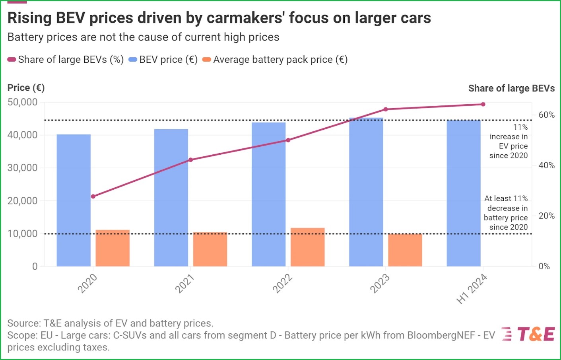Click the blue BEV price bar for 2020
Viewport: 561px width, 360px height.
pyautogui.click(x=74, y=200)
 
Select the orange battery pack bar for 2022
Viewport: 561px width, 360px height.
pyautogui.click(x=308, y=247)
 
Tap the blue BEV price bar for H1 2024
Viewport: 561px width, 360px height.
pyautogui.click(x=464, y=193)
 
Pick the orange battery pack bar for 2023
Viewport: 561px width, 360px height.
pyautogui.click(x=405, y=250)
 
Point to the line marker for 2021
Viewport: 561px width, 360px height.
pyautogui.click(x=190, y=160)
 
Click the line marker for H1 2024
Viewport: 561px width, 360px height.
pyautogui.click(x=483, y=104)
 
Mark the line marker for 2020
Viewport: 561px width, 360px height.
pyautogui.click(x=93, y=197)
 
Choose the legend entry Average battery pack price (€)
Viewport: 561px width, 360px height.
pyautogui.click(x=275, y=60)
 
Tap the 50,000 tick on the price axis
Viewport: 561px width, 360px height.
pyautogui.click(x=23, y=102)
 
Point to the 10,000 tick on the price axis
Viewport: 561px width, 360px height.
pyautogui.click(x=23, y=234)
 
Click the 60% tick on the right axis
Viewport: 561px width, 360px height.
pyautogui.click(x=546, y=115)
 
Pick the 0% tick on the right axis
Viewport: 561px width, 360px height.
pyautogui.click(x=544, y=267)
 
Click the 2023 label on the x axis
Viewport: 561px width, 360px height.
pyautogui.click(x=380, y=284)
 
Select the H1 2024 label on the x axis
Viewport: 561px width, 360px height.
pyautogui.click(x=472, y=289)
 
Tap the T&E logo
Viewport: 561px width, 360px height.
pyautogui.click(x=528, y=334)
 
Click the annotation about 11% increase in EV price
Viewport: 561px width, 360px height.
pyautogui.click(x=509, y=141)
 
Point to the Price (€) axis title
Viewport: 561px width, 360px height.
pyautogui.click(x=26, y=88)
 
